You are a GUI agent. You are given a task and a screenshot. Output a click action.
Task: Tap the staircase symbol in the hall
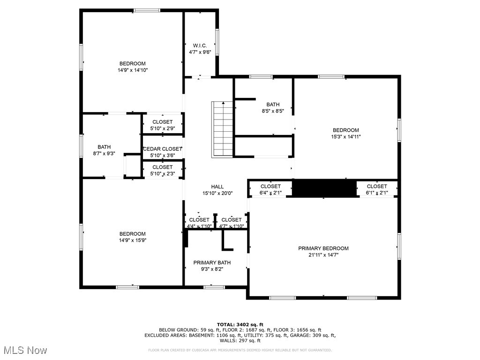(x=223, y=128)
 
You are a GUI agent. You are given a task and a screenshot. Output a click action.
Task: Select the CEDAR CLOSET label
(x=162, y=149)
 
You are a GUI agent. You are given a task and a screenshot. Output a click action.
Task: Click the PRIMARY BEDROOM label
(x=323, y=248)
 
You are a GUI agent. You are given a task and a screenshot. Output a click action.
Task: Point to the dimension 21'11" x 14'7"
(x=323, y=255)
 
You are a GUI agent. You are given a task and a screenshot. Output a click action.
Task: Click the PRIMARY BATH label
(x=212, y=262)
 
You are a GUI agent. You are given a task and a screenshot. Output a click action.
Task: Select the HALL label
(x=217, y=187)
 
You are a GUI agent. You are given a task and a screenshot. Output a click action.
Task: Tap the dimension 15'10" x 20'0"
(x=217, y=193)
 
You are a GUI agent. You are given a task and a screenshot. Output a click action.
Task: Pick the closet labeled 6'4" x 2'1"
(x=270, y=189)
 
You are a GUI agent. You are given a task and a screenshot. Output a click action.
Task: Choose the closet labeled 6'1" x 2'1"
(x=377, y=189)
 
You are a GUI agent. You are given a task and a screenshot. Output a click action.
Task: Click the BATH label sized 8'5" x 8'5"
(x=273, y=105)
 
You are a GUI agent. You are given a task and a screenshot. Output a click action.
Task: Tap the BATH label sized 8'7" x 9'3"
(x=104, y=147)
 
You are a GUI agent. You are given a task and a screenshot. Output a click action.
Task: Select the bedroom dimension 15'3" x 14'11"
(x=346, y=137)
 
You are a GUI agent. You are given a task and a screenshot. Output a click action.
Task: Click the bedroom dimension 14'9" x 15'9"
(x=132, y=240)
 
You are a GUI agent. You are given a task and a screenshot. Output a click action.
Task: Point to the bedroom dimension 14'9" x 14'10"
(x=133, y=70)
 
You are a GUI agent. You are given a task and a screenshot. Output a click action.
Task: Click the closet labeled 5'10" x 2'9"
(x=162, y=125)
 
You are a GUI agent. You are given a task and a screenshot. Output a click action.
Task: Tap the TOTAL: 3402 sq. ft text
(x=240, y=324)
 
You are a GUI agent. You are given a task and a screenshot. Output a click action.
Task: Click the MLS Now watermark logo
(x=24, y=350)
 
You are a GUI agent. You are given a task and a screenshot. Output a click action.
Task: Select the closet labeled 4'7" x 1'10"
(x=232, y=223)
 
